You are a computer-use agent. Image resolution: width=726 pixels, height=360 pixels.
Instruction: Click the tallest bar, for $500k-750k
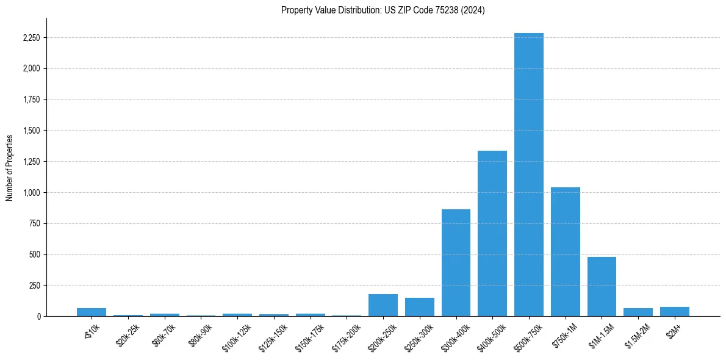[x=528, y=175]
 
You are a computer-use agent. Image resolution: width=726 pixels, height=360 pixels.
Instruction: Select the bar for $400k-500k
[x=492, y=234]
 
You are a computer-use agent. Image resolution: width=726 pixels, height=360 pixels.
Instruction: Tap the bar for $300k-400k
[x=456, y=263]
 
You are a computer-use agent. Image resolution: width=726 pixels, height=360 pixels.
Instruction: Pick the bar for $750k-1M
[x=565, y=252]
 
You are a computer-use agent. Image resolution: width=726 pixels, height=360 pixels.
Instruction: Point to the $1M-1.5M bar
[x=602, y=287]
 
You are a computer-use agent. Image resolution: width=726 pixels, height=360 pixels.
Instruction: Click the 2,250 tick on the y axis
[x=31, y=38]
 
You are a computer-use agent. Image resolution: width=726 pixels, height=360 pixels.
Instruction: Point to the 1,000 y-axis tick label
[x=31, y=193]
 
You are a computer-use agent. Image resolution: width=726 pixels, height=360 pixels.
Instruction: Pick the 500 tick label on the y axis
[x=35, y=254]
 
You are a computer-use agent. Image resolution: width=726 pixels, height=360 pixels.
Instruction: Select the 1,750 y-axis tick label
[x=31, y=100]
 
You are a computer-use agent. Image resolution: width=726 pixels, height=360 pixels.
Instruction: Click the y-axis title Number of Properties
[x=9, y=167]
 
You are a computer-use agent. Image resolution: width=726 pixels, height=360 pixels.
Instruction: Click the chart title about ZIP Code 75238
[x=383, y=10]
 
